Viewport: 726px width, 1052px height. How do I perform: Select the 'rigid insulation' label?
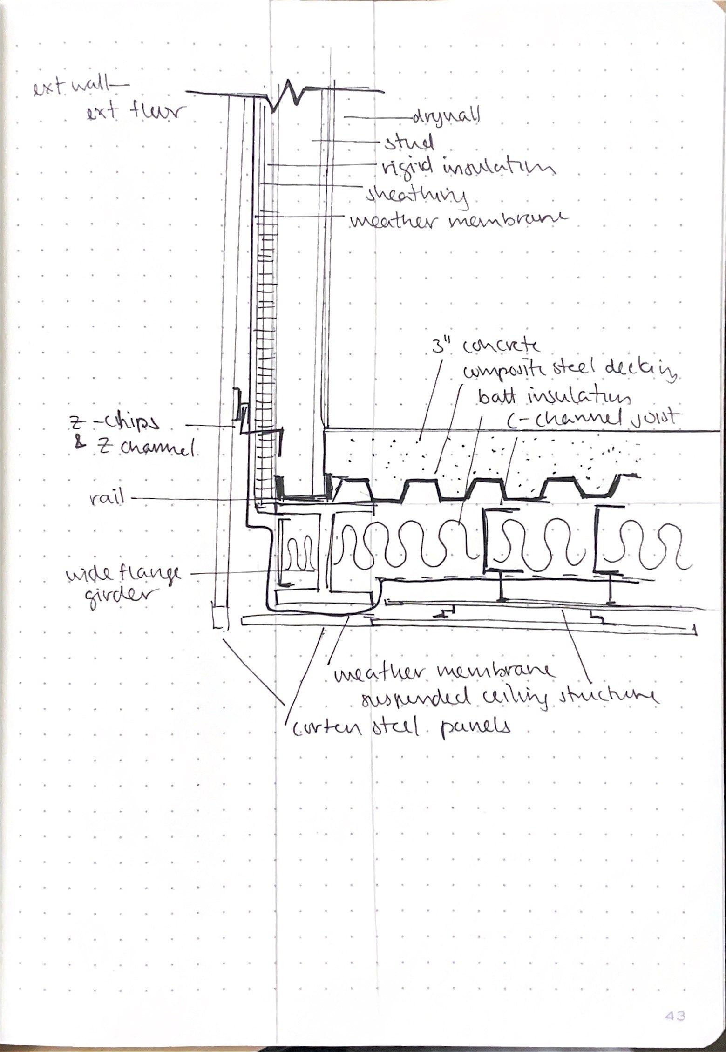coord(467,168)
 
